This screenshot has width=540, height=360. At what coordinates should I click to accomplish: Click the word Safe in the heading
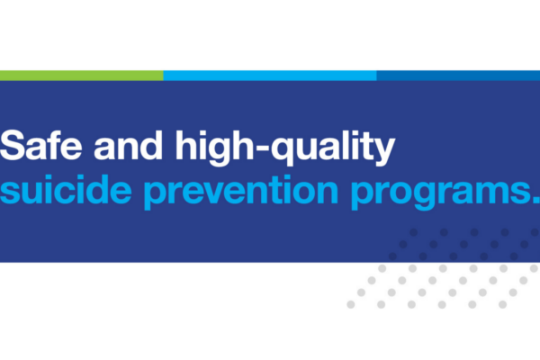(41, 145)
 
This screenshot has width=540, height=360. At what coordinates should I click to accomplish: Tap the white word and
(128, 145)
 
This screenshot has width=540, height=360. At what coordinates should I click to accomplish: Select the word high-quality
(285, 148)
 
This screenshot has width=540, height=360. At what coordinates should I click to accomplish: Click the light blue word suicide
(66, 189)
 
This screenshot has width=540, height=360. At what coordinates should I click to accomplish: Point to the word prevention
(241, 193)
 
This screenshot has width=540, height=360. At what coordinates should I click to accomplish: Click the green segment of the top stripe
(82, 76)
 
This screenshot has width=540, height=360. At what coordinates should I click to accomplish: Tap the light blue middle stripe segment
(270, 76)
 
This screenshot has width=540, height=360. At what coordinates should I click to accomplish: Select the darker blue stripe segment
(458, 76)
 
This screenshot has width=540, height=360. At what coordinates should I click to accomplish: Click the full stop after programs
(536, 200)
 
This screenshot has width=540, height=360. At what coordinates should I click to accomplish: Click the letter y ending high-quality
(383, 152)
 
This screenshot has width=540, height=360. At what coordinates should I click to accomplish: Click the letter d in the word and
(150, 146)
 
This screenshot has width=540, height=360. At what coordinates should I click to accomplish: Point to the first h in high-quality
(188, 145)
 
